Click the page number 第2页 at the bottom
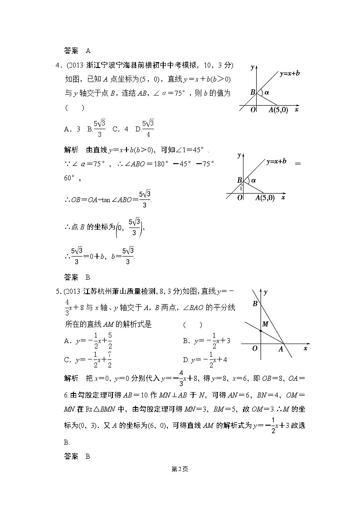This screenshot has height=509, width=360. coord(180,469)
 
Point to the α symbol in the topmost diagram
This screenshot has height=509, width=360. coord(267,92)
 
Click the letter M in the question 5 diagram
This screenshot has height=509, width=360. coord(265,323)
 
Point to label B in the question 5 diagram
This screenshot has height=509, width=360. coord(255,304)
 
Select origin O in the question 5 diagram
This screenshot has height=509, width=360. coord(255,348)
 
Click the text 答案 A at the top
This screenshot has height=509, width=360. coord(78,50)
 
